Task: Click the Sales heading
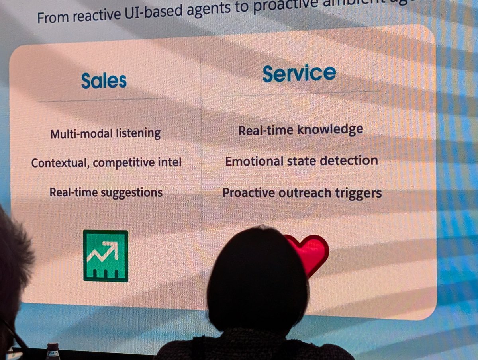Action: click(x=104, y=81)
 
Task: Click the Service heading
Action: click(x=299, y=73)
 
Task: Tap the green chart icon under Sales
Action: click(x=106, y=256)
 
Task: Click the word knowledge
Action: click(x=332, y=130)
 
